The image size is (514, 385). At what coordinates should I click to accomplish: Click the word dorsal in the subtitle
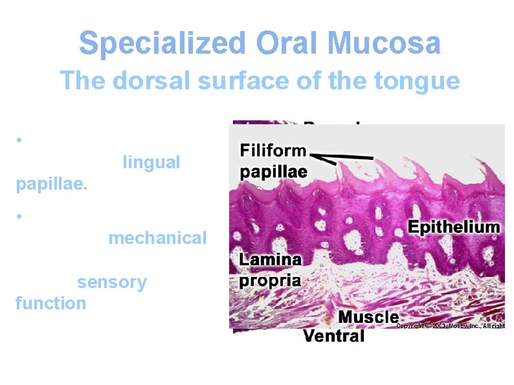pyautogui.click(x=146, y=81)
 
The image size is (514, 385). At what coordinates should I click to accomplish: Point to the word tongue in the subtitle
pyautogui.click(x=421, y=81)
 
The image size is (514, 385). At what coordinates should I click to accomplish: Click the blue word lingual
pyautogui.click(x=151, y=162)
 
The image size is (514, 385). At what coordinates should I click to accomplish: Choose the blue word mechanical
pyautogui.click(x=157, y=237)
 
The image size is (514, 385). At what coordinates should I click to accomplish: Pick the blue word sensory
pyautogui.click(x=112, y=282)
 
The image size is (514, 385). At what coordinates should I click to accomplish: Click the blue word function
pyautogui.click(x=50, y=303)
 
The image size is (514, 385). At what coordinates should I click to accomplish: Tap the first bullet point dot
pyautogui.click(x=21, y=140)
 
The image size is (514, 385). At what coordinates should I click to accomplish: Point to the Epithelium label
pyautogui.click(x=454, y=226)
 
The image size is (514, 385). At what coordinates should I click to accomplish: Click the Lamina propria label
pyautogui.click(x=271, y=270)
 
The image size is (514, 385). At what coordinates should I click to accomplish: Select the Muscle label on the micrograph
pyautogui.click(x=368, y=316)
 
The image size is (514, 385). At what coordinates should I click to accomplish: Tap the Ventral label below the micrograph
pyautogui.click(x=334, y=335)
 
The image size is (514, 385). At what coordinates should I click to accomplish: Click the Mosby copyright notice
pyautogui.click(x=450, y=325)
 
